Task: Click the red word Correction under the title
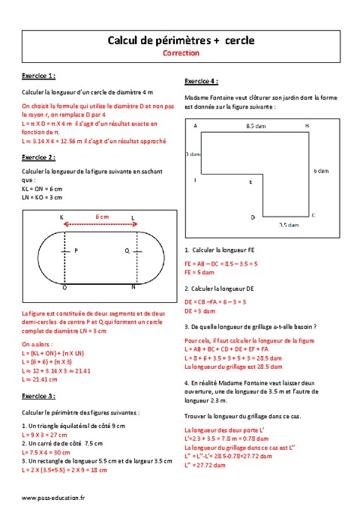(180, 54)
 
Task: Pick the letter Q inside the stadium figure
(126, 250)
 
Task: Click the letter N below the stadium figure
(133, 286)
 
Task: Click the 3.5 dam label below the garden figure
(289, 223)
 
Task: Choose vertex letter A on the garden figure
(195, 127)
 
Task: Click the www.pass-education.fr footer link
(53, 497)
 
